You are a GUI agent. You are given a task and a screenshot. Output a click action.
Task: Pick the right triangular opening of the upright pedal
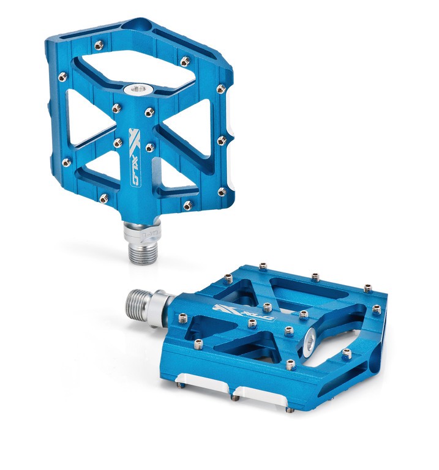coord(186,120)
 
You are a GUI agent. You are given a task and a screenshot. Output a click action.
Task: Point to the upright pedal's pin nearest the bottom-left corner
coord(104,197)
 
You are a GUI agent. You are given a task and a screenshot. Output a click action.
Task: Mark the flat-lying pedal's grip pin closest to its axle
coord(182,317)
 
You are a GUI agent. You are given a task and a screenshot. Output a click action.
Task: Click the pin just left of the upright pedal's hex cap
coord(116,108)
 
